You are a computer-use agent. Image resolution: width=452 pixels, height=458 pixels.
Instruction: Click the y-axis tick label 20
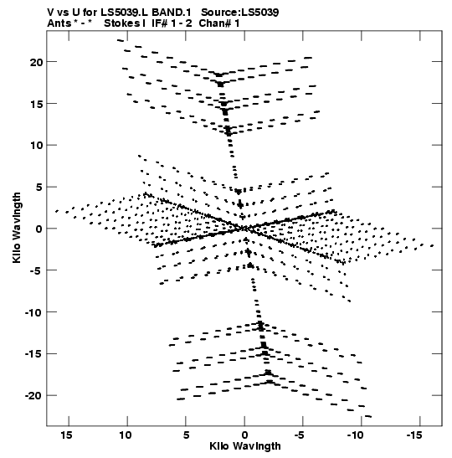[37, 62]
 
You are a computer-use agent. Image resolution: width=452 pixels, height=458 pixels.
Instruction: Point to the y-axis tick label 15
[37, 104]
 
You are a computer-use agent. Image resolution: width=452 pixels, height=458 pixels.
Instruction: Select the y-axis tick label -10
[33, 313]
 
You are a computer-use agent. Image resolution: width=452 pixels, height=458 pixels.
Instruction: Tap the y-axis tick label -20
[33, 396]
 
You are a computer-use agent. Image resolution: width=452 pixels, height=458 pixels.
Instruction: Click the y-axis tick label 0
[39, 229]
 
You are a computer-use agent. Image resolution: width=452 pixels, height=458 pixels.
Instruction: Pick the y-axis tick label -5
[37, 270]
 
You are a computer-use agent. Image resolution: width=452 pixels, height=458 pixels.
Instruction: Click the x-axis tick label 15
[67, 435]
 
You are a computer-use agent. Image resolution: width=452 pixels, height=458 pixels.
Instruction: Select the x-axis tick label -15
[414, 435]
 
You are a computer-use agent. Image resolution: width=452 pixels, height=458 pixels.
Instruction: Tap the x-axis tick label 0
[244, 435]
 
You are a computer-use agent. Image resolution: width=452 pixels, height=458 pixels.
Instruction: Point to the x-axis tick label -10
[356, 435]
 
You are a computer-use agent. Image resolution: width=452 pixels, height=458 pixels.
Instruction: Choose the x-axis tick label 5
[187, 435]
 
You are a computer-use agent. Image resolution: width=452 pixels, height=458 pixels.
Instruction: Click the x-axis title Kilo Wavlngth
[245, 446]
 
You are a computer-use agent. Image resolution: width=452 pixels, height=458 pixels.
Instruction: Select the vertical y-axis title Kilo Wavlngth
[17, 228]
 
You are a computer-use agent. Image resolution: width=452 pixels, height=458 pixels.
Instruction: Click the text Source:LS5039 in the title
[240, 13]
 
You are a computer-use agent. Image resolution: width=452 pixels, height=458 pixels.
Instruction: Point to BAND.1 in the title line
[172, 13]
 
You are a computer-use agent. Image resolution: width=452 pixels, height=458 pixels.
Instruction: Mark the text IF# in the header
[160, 23]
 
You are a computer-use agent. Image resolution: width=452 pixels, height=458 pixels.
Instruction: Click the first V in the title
[50, 13]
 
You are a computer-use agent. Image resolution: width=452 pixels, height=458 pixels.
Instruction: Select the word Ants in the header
[59, 23]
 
